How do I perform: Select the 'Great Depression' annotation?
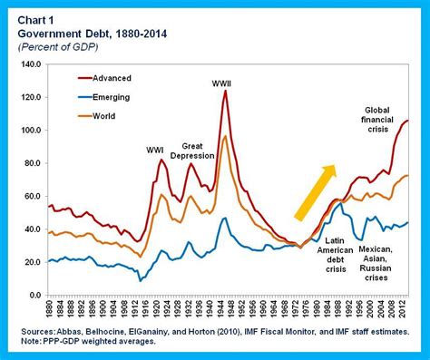(199, 151)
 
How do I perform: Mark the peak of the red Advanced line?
(225, 91)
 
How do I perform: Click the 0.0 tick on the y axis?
(34, 296)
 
